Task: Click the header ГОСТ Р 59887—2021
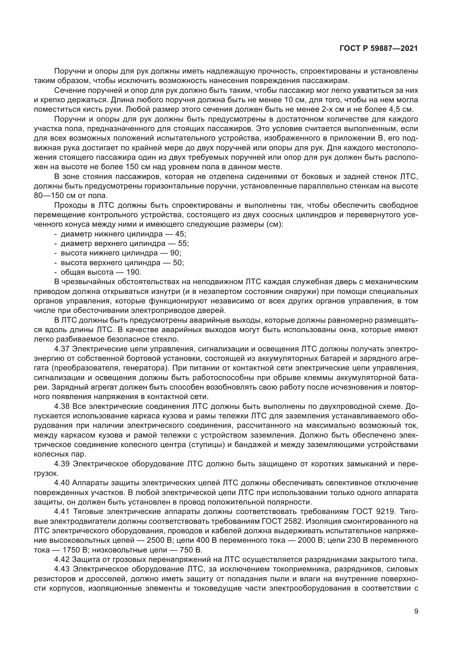point(379,49)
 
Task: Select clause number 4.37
point(62,349)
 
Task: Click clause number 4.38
point(62,406)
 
